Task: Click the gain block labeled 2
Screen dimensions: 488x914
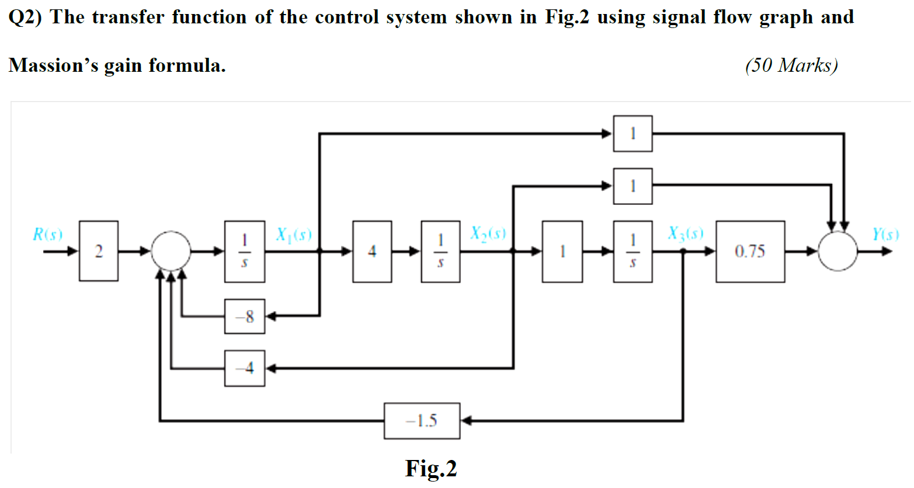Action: pyautogui.click(x=99, y=251)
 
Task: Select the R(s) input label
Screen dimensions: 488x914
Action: pyautogui.click(x=47, y=235)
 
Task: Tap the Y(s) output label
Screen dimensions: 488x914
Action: pyautogui.click(x=885, y=235)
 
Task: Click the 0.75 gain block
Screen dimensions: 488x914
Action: pyautogui.click(x=750, y=252)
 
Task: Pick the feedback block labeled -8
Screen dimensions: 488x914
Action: pyautogui.click(x=245, y=316)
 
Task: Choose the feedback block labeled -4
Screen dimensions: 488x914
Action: pyautogui.click(x=245, y=368)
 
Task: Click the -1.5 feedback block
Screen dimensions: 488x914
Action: pyautogui.click(x=422, y=421)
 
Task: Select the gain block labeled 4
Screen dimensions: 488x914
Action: pyautogui.click(x=372, y=252)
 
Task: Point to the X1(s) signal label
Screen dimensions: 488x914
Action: pyautogui.click(x=294, y=235)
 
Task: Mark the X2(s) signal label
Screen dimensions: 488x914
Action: pyautogui.click(x=488, y=233)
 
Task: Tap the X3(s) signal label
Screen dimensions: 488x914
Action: pyautogui.click(x=686, y=233)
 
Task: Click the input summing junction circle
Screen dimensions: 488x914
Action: pyautogui.click(x=171, y=252)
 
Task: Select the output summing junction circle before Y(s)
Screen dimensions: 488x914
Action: pyautogui.click(x=837, y=252)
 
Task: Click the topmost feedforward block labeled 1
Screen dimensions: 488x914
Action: pyautogui.click(x=632, y=134)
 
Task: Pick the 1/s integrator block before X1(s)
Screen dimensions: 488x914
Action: pyautogui.click(x=245, y=252)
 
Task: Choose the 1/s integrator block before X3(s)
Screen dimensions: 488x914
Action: pyautogui.click(x=632, y=252)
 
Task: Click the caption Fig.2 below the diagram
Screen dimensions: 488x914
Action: pyautogui.click(x=431, y=469)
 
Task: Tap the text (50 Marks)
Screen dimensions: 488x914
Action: pyautogui.click(x=791, y=65)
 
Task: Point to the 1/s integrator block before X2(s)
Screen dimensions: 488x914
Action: pyautogui.click(x=440, y=252)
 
